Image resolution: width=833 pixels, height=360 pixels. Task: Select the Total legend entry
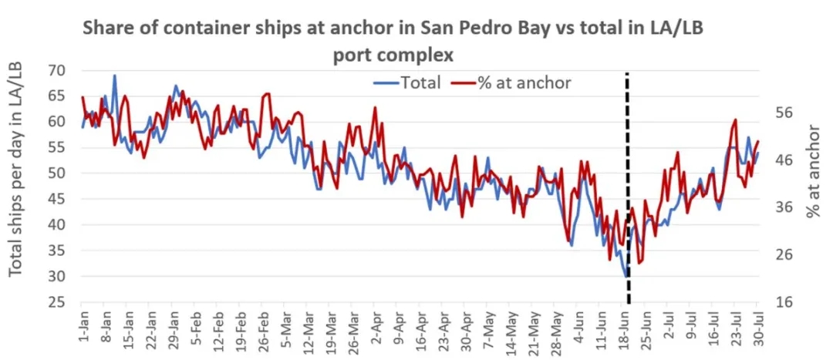(x=408, y=82)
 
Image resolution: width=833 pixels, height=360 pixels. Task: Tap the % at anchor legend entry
(x=514, y=82)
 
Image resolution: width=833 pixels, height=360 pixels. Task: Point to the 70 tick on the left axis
(x=56, y=70)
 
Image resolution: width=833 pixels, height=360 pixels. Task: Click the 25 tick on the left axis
(x=56, y=302)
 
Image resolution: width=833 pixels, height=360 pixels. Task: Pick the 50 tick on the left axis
(x=56, y=173)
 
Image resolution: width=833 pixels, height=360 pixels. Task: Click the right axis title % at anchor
(x=814, y=171)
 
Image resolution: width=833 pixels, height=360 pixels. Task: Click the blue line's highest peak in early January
(x=115, y=76)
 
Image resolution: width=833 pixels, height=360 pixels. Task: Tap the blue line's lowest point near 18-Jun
(x=626, y=275)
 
